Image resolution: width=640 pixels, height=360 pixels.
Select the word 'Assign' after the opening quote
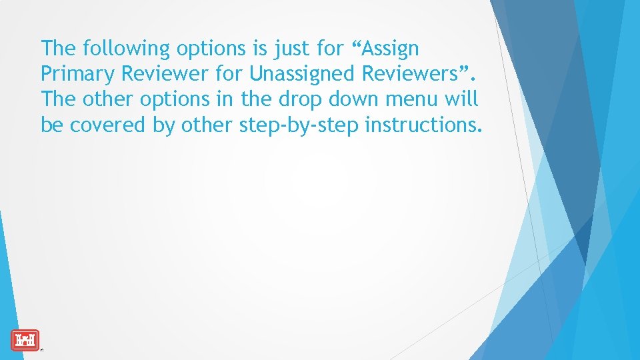[x=391, y=49]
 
